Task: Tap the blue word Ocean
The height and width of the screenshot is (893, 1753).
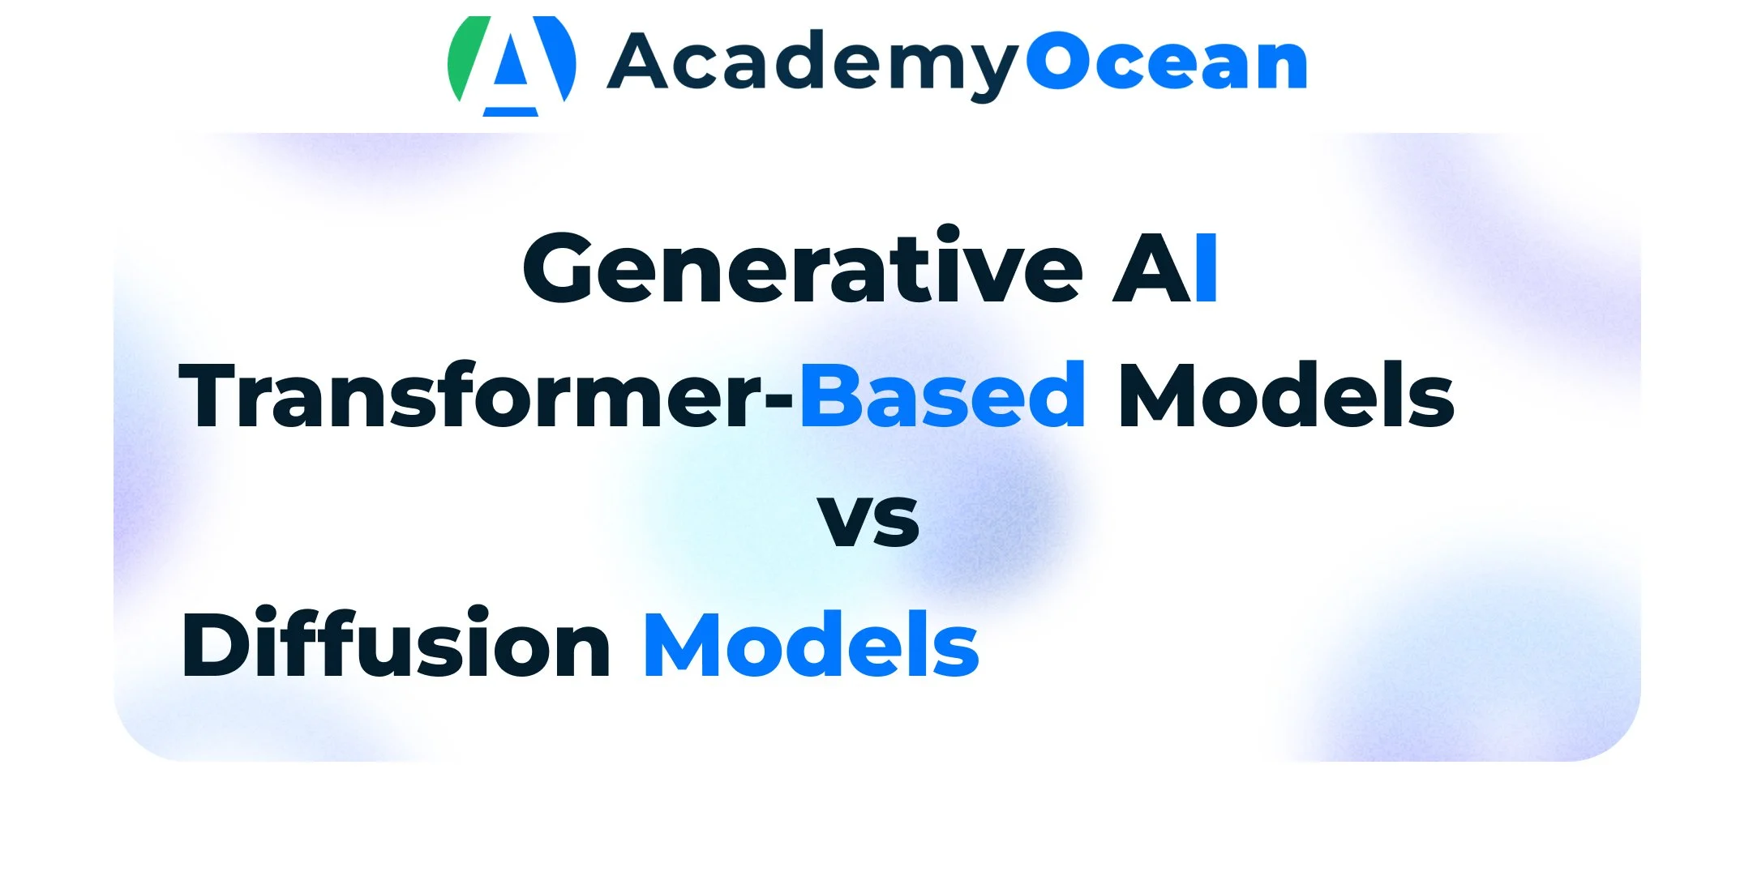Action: point(1167,62)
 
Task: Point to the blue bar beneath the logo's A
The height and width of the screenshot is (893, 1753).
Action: point(511,112)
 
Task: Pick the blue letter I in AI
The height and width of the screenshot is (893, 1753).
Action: point(1207,268)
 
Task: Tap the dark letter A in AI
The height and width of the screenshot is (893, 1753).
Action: point(1151,268)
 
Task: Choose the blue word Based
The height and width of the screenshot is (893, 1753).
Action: point(942,394)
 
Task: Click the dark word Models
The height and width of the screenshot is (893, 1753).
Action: point(1286,394)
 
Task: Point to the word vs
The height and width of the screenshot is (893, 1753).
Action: point(868,519)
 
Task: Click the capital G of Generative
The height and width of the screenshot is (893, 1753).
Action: point(565,267)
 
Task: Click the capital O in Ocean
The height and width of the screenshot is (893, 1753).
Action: point(1059,62)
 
